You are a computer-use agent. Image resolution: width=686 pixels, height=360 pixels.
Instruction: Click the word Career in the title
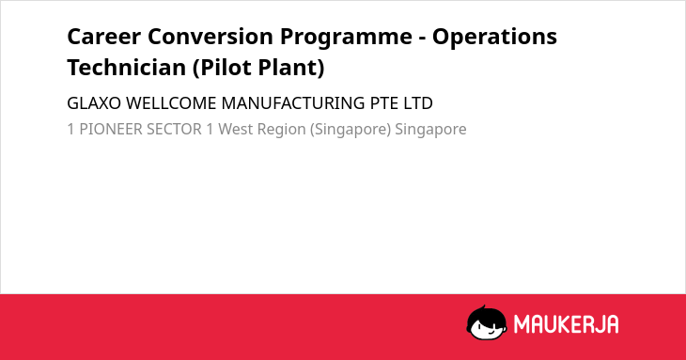[104, 37]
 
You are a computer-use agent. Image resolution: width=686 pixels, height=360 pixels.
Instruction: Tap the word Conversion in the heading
[210, 37]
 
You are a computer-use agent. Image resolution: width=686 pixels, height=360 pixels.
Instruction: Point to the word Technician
[127, 68]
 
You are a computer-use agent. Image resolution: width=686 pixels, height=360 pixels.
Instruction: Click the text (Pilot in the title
[223, 69]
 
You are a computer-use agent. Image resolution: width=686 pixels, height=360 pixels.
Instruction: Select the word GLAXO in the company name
[94, 103]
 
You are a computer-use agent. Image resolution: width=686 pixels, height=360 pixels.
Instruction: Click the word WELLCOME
[171, 103]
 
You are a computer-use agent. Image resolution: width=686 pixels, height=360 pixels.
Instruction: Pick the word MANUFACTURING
[293, 103]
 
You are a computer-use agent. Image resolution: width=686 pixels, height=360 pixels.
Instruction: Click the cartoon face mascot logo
[487, 322]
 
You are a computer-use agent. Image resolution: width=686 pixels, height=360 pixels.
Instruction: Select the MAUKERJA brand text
[566, 324]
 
